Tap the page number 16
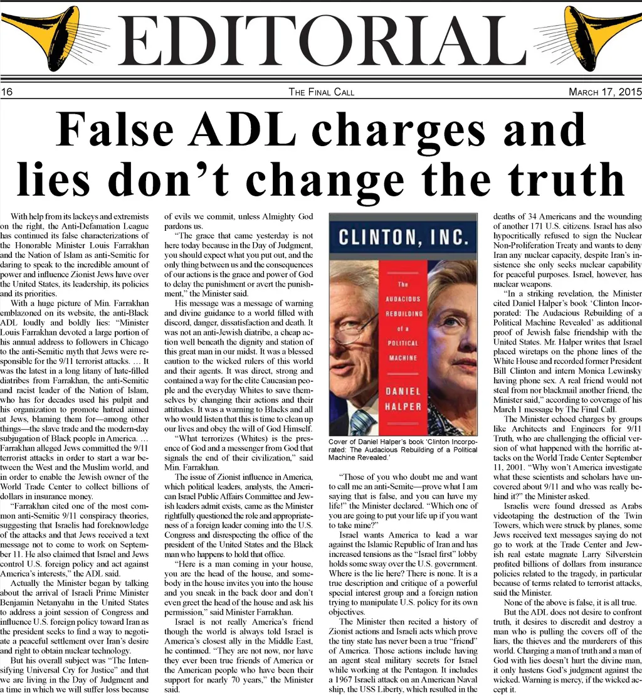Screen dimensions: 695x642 click(x=8, y=92)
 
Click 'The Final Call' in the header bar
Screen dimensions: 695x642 click(x=321, y=92)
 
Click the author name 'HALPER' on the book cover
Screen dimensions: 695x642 click(x=403, y=406)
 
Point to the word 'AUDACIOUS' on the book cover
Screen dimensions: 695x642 click(x=403, y=299)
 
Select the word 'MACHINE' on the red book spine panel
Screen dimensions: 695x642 click(x=403, y=357)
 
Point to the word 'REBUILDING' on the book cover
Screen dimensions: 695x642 click(x=403, y=314)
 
